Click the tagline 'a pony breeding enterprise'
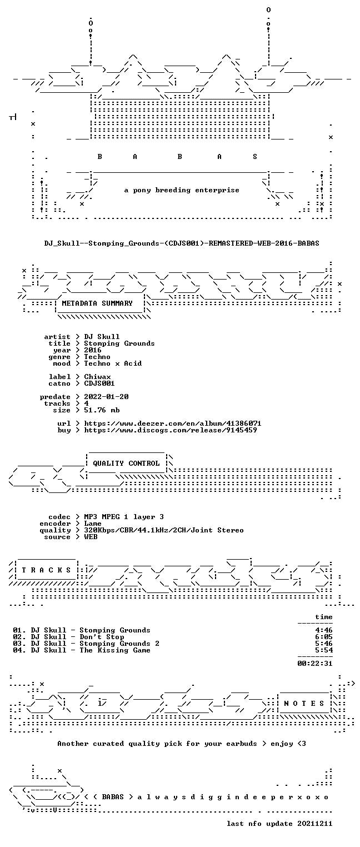[x=182, y=190]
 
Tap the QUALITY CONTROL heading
[x=126, y=463]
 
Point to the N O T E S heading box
[x=304, y=703]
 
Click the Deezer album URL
[x=172, y=423]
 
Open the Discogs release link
[x=170, y=430]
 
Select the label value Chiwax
[x=97, y=377]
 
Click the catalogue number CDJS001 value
[x=99, y=383]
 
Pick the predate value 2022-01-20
[x=106, y=397]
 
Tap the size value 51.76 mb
[x=101, y=410]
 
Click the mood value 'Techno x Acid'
[x=113, y=364]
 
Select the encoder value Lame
[x=93, y=524]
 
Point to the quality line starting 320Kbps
[x=164, y=531]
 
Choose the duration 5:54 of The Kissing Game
[x=324, y=650]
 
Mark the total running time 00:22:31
[x=315, y=664]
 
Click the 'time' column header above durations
[x=324, y=617]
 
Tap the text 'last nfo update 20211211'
[x=279, y=824]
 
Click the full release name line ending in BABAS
[x=182, y=243]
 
